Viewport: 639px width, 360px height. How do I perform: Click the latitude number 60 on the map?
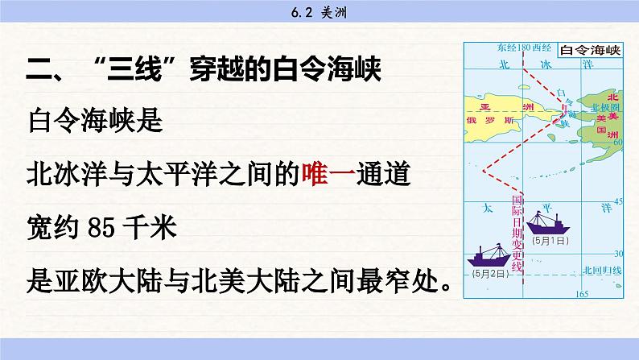point(618,143)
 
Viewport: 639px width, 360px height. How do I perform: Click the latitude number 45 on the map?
point(618,201)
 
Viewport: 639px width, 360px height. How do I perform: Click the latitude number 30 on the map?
point(618,252)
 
